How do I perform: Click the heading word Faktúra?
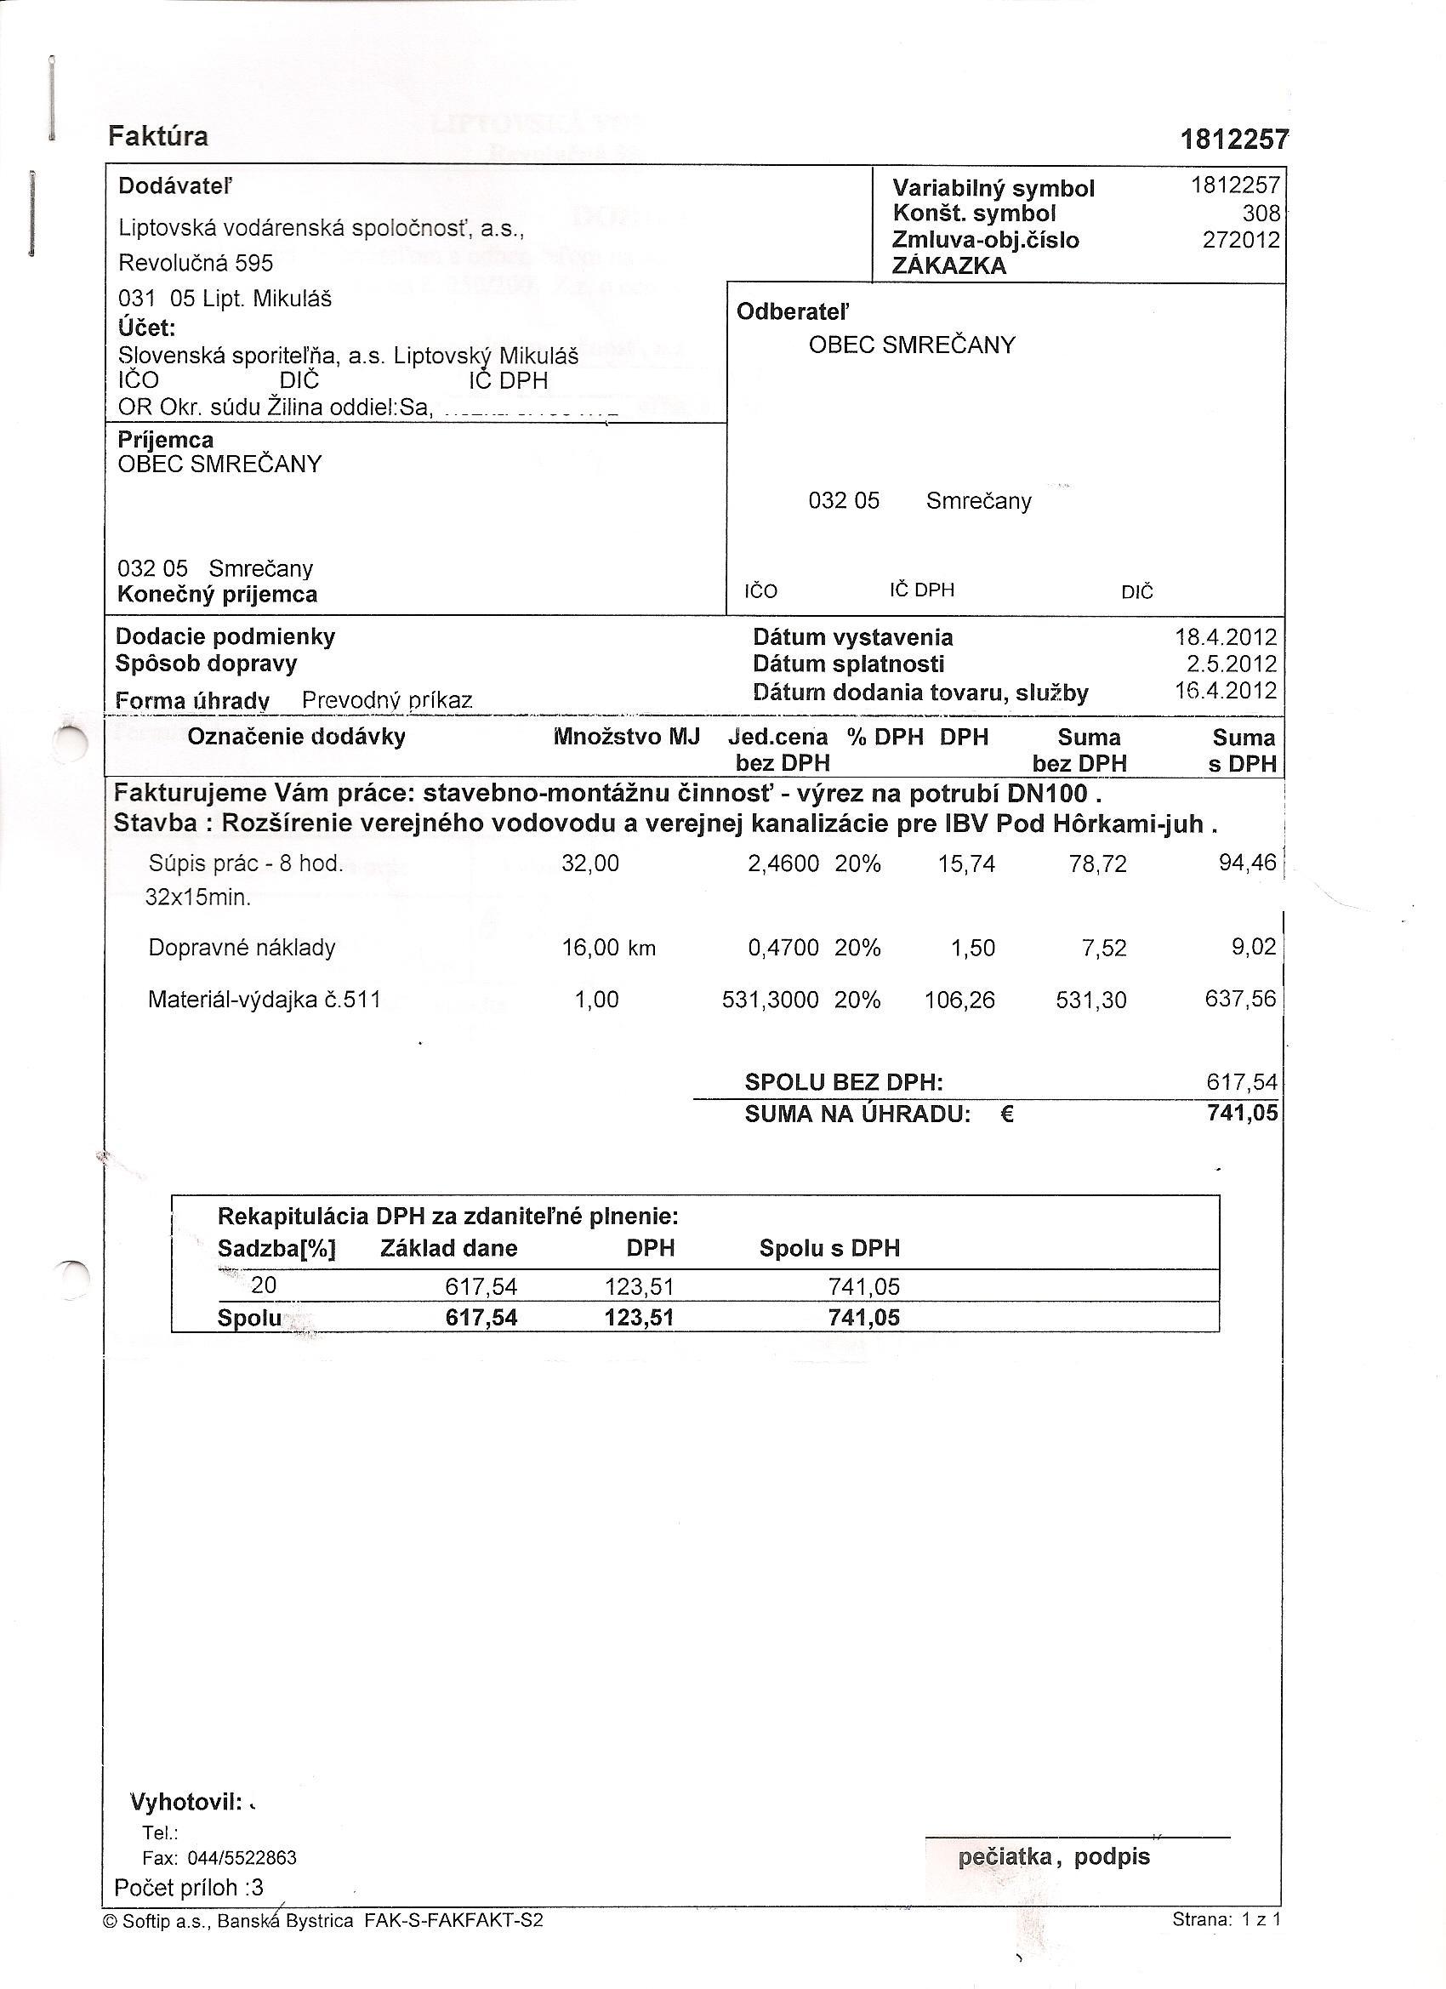(158, 137)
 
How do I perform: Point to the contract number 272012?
(1241, 240)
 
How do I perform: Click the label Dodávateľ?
(175, 186)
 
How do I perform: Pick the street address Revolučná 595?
(196, 263)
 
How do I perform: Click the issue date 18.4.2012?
(1225, 637)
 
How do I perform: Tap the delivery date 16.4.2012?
(1225, 690)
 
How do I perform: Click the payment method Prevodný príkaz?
(387, 701)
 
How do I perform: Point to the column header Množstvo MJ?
(626, 737)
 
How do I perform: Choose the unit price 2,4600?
(783, 863)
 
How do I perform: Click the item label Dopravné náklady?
(242, 948)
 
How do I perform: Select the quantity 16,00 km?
(608, 948)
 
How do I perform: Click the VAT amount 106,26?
(959, 1000)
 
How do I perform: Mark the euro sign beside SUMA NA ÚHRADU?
(1007, 1114)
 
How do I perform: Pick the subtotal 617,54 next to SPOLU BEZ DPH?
(1242, 1082)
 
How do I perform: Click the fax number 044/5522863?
(242, 1857)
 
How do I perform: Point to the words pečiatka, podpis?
(1054, 1856)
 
